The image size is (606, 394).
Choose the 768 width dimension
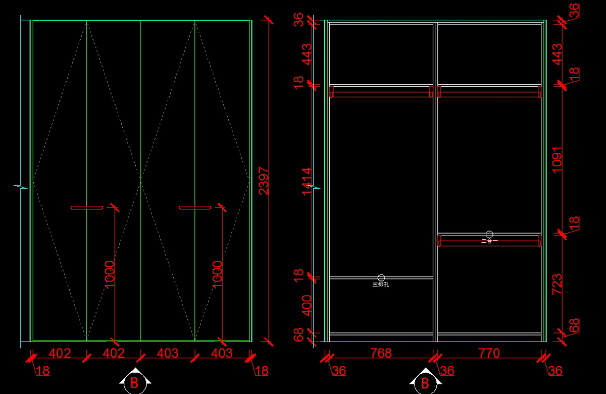(x=381, y=353)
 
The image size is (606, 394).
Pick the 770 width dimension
(x=489, y=353)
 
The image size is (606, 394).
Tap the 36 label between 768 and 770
(x=447, y=371)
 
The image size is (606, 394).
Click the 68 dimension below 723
(x=574, y=325)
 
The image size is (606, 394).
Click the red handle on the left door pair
(x=87, y=207)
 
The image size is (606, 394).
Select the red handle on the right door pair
(x=195, y=207)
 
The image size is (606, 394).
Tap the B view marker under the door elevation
(x=134, y=383)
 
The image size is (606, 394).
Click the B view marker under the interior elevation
(x=425, y=383)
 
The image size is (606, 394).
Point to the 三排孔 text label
(x=381, y=285)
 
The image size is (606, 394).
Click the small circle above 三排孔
(x=381, y=277)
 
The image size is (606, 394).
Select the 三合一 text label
(x=489, y=241)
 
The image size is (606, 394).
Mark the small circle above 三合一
(x=489, y=234)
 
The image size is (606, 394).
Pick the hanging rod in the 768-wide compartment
(x=381, y=92)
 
